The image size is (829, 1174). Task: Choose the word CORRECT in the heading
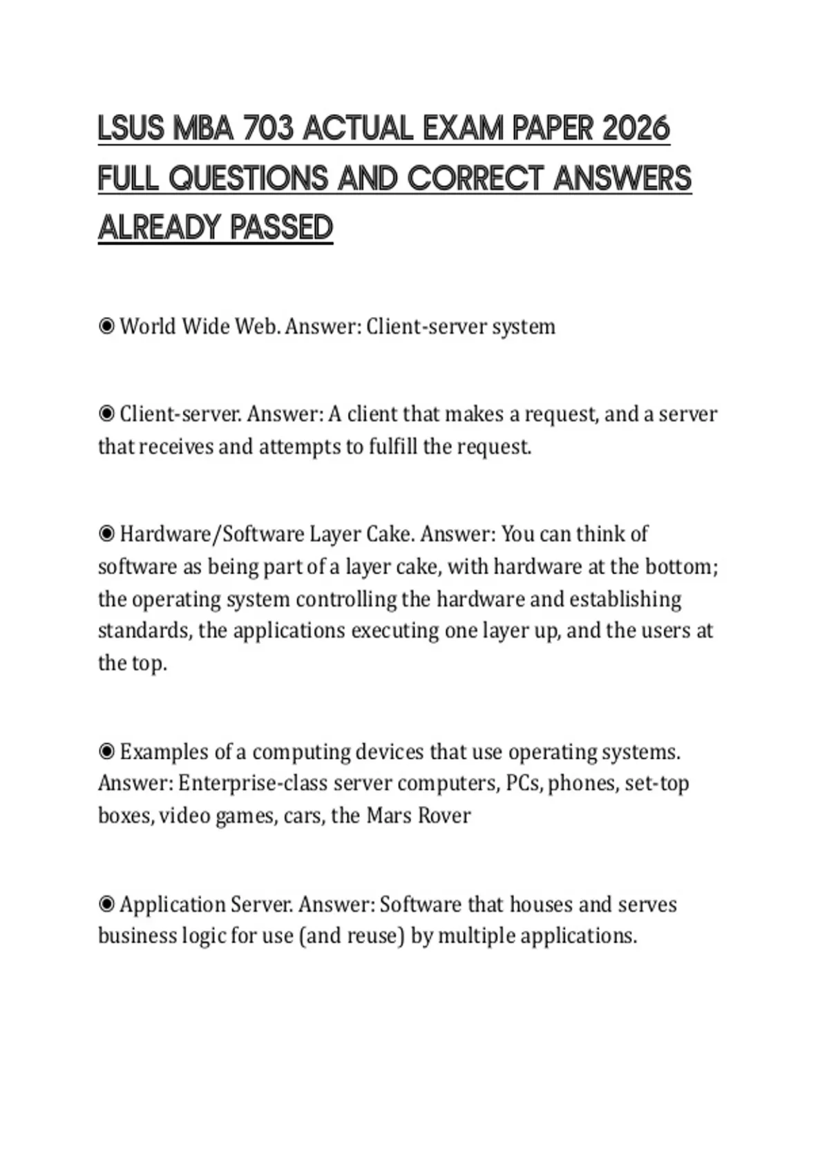(x=477, y=178)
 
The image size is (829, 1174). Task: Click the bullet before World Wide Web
(x=106, y=326)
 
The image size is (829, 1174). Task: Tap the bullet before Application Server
(x=106, y=904)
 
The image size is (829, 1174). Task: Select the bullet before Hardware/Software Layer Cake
(x=106, y=534)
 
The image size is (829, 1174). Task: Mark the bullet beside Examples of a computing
(x=106, y=751)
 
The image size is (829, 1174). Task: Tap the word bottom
(x=680, y=566)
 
